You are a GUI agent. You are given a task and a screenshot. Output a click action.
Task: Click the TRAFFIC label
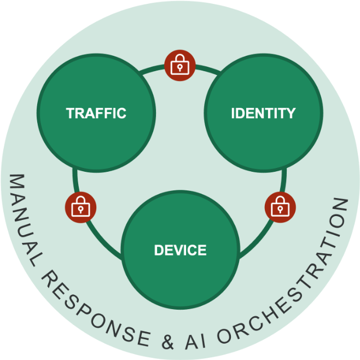click(x=96, y=113)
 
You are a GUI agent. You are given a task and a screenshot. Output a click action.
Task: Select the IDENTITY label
click(x=263, y=113)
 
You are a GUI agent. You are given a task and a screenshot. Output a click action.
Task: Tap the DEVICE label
click(x=180, y=251)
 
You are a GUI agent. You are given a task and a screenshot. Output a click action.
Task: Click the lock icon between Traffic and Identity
click(x=180, y=66)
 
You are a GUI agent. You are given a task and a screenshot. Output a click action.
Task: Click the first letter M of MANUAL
click(x=15, y=183)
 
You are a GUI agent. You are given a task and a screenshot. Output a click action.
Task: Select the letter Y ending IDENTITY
click(x=291, y=113)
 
